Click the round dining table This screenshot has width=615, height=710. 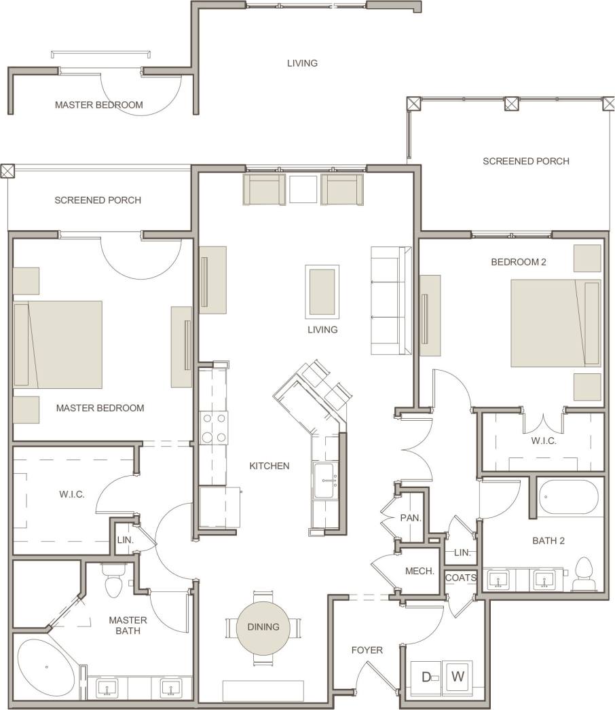point(263,627)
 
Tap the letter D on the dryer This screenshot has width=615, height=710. point(427,676)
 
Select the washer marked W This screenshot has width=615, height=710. point(458,676)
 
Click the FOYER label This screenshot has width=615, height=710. point(367,650)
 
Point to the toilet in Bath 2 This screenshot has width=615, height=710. point(584,574)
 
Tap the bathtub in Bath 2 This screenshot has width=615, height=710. point(570,498)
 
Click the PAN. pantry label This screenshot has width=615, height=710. point(411,518)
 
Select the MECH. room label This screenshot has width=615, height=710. point(420,571)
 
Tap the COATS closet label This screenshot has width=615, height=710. point(461,578)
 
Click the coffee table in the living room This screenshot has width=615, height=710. point(322,291)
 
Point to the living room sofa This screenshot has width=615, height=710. point(392,300)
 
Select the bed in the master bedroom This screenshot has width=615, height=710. point(58,344)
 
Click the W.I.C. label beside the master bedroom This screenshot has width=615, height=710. point(71,494)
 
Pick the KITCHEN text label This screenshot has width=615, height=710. point(269,466)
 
